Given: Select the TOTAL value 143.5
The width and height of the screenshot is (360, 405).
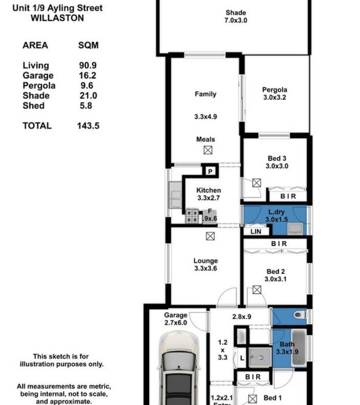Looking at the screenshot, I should (x=88, y=126).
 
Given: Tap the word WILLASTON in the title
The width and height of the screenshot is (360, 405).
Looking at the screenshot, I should (x=57, y=18).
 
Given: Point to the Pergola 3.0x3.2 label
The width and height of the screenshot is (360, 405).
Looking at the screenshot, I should (x=274, y=93).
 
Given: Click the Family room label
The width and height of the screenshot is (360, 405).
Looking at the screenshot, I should (x=205, y=94).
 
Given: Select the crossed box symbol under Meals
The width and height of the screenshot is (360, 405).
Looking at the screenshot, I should (x=207, y=150).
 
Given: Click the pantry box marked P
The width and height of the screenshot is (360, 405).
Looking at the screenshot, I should (x=210, y=171).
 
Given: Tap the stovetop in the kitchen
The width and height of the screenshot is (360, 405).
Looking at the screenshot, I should (x=193, y=216).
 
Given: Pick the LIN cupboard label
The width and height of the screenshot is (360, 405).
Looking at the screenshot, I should (x=256, y=231).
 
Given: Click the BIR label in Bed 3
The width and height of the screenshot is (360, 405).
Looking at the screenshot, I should (x=288, y=196).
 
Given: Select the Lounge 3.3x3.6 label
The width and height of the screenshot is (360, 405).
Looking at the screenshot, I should (x=206, y=265).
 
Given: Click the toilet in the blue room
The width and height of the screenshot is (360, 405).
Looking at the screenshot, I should (x=299, y=315).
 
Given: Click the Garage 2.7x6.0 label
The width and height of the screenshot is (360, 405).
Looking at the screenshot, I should (x=175, y=319).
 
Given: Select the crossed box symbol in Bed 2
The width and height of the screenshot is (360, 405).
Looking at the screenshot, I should (x=256, y=290).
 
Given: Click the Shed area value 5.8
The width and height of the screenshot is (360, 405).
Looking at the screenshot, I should (x=87, y=106).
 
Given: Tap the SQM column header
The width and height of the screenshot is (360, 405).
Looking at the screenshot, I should (x=88, y=45).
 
